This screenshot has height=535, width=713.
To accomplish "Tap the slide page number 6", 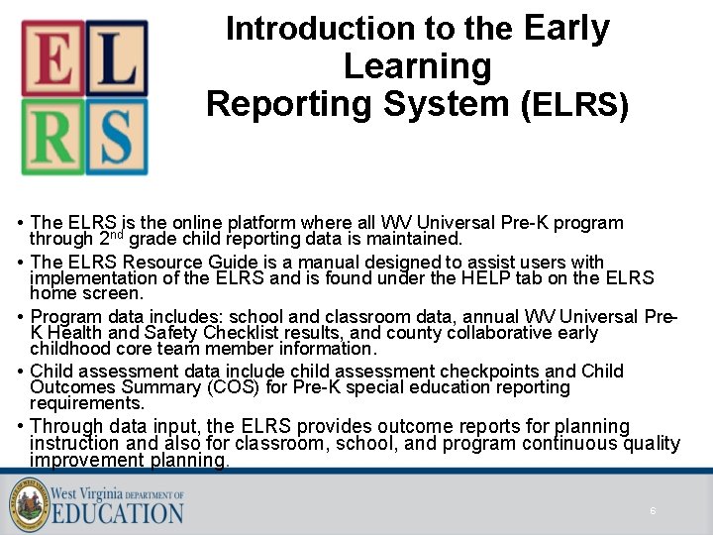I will [x=653, y=510].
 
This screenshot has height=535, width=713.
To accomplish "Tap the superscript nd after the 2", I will [x=116, y=236].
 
